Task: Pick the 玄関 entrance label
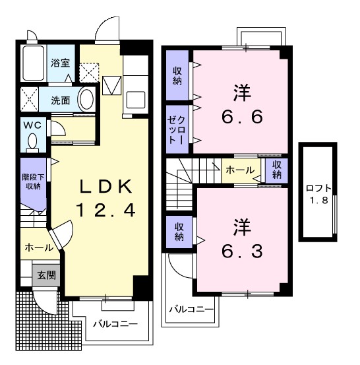coord(46,275)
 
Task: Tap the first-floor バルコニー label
coord(115,324)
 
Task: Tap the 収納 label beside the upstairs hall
coord(277,170)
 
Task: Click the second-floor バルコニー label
coord(191,309)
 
